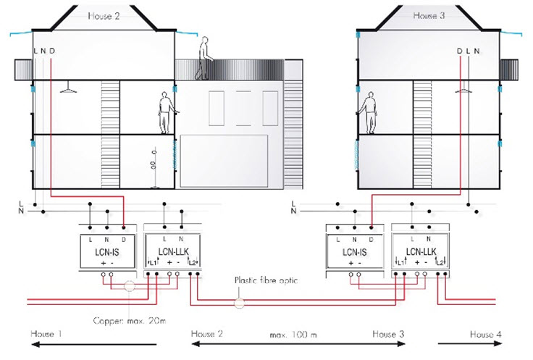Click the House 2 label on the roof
(x=103, y=15)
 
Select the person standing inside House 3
(x=369, y=112)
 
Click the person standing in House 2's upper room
(x=164, y=113)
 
